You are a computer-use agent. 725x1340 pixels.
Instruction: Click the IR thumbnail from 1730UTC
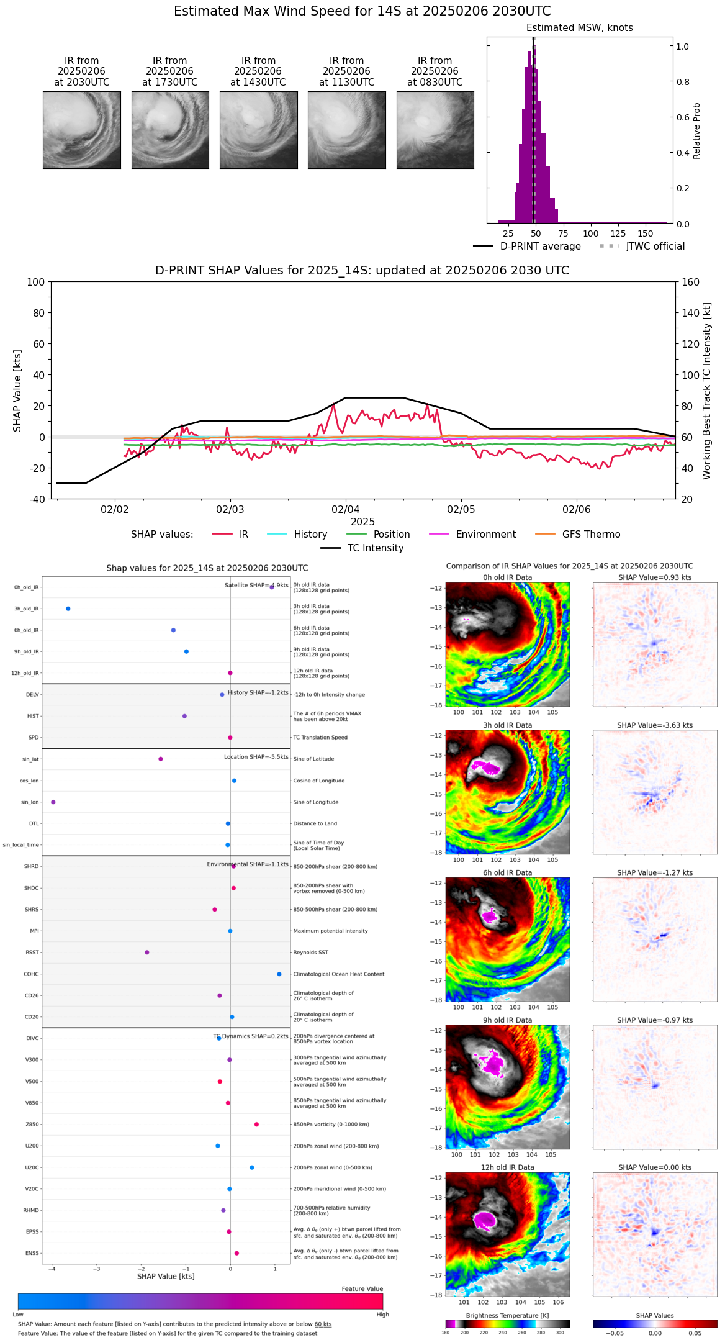pyautogui.click(x=170, y=130)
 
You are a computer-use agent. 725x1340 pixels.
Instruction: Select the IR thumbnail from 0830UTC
pyautogui.click(x=435, y=130)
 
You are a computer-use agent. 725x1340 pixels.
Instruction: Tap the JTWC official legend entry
pyautogui.click(x=655, y=247)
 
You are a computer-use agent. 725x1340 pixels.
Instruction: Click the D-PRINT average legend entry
pyautogui.click(x=540, y=247)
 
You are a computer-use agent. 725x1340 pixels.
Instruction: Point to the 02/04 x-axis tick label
pyautogui.click(x=346, y=510)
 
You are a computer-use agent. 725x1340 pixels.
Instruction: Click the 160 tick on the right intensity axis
pyautogui.click(x=691, y=282)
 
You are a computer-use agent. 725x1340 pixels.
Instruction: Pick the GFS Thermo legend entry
pyautogui.click(x=591, y=535)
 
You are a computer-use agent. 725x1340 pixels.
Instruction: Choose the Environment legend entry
pyautogui.click(x=485, y=535)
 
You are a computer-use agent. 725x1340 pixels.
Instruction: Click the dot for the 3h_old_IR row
pyautogui.click(x=68, y=609)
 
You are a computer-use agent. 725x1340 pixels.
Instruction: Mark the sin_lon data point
pyautogui.click(x=53, y=802)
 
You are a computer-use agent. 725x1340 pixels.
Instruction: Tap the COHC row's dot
pyautogui.click(x=279, y=974)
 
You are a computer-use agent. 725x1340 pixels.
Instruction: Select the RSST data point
pyautogui.click(x=147, y=953)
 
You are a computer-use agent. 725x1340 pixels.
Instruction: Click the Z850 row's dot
pyautogui.click(x=256, y=1125)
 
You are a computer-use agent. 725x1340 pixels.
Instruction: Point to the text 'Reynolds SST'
pyautogui.click(x=310, y=953)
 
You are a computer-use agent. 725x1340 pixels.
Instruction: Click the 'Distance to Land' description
pyautogui.click(x=315, y=824)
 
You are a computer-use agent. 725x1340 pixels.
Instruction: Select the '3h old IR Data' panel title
pyautogui.click(x=507, y=725)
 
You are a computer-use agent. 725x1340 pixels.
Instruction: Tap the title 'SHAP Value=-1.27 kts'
pyautogui.click(x=655, y=873)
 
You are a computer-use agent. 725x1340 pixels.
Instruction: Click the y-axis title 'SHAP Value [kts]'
pyautogui.click(x=17, y=391)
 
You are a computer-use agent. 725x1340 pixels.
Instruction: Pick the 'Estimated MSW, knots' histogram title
pyautogui.click(x=579, y=28)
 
